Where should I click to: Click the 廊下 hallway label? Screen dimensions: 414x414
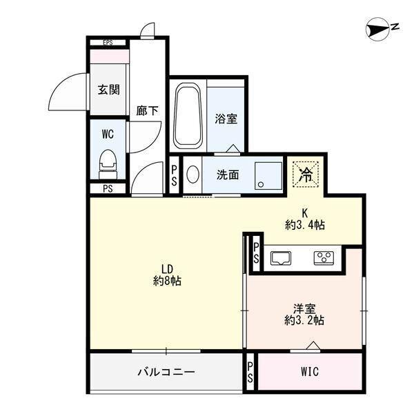coord(147,110)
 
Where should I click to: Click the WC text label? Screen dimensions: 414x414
coord(108,132)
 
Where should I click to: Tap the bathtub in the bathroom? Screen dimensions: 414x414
coord(188,115)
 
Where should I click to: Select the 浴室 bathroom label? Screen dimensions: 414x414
coord(226,119)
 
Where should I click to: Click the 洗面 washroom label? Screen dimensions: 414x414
coord(228,175)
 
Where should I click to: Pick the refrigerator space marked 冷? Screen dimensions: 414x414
coord(304,174)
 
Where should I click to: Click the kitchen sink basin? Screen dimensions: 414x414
coord(281,259)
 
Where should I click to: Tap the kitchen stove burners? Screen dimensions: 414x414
coord(323,259)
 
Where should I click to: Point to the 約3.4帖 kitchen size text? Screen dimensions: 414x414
coord(304,224)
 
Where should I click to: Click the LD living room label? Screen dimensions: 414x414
coord(167,269)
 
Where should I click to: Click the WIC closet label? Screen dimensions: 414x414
coord(309,372)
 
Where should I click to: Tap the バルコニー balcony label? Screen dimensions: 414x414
coord(166,372)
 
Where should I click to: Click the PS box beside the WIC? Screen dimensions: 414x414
coord(250,372)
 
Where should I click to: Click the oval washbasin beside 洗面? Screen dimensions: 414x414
coord(193,175)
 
